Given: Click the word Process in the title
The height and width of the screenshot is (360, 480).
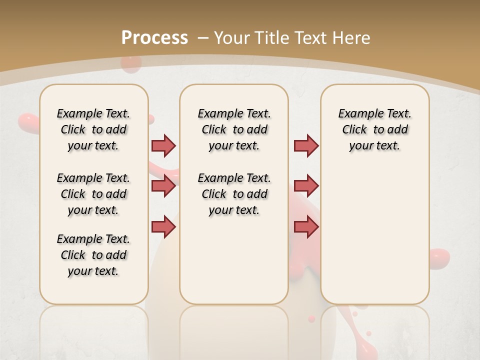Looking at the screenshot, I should click(154, 38).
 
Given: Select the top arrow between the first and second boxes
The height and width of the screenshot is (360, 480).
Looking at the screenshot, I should click(163, 145).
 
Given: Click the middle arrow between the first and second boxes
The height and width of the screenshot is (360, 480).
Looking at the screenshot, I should click(163, 186).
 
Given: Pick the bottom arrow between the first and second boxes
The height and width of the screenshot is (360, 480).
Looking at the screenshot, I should click(163, 227).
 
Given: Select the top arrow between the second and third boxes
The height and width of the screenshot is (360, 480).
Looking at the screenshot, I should click(306, 145).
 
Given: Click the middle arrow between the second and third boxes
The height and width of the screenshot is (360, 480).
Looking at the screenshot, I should click(306, 186).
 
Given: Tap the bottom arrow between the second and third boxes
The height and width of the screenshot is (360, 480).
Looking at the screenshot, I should click(306, 227).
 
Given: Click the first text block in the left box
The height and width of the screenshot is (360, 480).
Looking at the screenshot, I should click(93, 129).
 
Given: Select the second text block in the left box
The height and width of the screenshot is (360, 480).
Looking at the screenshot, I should click(93, 194).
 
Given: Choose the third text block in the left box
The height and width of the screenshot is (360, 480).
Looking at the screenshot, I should click(93, 255).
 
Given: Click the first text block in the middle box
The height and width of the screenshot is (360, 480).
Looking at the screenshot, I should click(234, 129).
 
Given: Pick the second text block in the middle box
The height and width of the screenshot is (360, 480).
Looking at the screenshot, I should click(234, 194).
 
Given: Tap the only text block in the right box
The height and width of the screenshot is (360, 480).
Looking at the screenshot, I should click(374, 129).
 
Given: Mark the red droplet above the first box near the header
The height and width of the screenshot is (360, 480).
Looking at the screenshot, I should click(131, 64).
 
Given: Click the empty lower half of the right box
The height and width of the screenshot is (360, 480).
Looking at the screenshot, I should click(374, 240).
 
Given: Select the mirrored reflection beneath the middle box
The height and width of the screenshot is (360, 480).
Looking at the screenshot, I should click(234, 330).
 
